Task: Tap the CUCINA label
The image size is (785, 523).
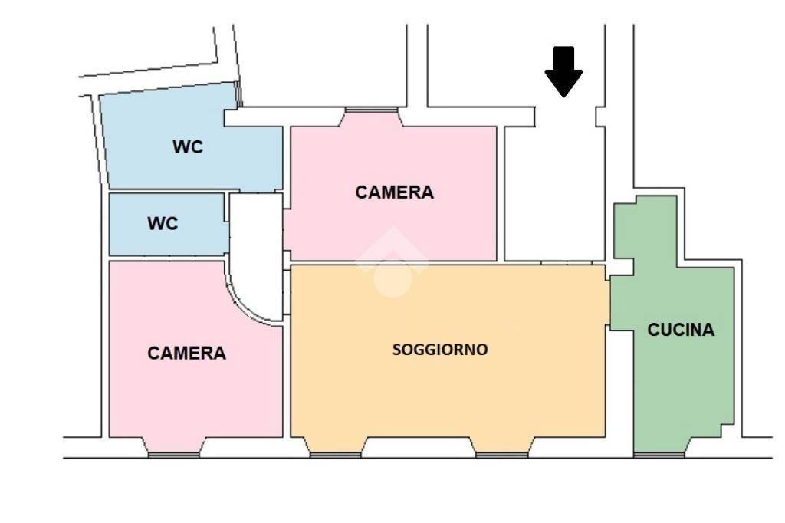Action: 681,330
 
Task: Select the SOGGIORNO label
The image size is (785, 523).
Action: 440,350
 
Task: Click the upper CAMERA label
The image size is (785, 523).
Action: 395,192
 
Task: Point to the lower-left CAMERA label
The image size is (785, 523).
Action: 187,354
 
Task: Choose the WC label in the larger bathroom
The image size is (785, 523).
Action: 188,146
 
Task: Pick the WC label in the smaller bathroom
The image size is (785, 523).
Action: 163,223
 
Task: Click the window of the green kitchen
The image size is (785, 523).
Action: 659,455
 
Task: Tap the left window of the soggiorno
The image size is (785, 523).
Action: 336,455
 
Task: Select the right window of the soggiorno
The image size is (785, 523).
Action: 501,455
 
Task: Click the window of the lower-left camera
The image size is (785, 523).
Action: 174,455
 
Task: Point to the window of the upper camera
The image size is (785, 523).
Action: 371,110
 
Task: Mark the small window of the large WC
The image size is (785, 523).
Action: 239,94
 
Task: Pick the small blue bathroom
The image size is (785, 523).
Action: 166,225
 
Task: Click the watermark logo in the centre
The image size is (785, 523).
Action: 392,262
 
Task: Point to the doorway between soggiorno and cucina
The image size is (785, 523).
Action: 608,302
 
